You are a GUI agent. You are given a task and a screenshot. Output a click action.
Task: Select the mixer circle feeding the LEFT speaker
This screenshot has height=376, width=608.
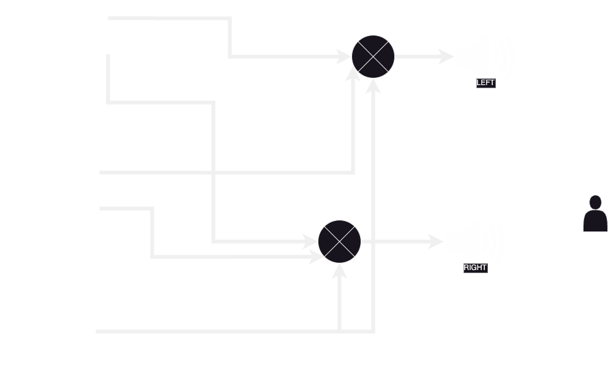[x=373, y=57]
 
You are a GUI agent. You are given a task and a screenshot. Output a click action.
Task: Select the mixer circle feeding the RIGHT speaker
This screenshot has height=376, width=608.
[x=339, y=241]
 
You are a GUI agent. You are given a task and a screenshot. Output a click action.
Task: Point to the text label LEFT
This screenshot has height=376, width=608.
[x=485, y=83]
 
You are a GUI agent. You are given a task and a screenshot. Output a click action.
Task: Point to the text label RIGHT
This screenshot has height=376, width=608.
[x=475, y=268]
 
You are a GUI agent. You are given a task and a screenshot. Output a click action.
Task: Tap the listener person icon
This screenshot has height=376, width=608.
[x=595, y=214]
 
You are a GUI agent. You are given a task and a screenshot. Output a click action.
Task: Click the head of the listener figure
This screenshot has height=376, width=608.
[x=595, y=202]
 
